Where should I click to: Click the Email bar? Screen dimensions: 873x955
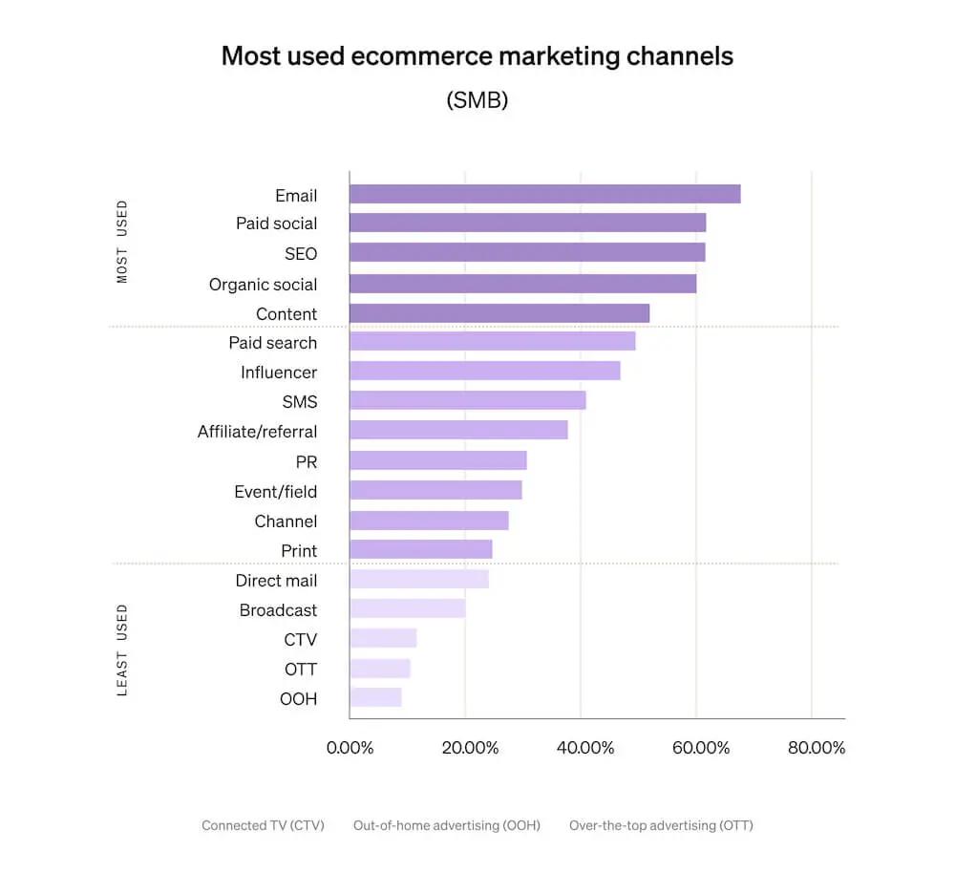[544, 194]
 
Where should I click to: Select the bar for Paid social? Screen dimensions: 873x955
[527, 224]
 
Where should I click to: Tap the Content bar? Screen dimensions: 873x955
[499, 313]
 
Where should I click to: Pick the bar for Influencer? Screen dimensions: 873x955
[484, 372]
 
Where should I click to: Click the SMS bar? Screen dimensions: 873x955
[467, 401]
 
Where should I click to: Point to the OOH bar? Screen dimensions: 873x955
[375, 698]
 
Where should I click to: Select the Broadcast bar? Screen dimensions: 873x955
[407, 609]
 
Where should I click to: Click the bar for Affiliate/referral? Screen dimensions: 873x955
[458, 431]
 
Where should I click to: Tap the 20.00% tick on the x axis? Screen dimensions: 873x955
[470, 748]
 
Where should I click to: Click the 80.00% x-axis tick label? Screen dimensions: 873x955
[817, 748]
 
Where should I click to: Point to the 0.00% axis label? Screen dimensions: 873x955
[350, 748]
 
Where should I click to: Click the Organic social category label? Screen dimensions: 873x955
[263, 284]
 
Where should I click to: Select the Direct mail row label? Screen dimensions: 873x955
[276, 580]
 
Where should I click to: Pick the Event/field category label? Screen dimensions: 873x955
[275, 491]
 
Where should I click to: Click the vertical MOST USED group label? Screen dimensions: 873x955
[121, 242]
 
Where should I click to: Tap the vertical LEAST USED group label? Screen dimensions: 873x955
[121, 649]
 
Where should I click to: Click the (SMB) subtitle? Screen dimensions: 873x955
[477, 100]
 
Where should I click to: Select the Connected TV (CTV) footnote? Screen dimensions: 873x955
[263, 825]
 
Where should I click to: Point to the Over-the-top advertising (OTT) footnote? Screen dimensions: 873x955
[661, 825]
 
